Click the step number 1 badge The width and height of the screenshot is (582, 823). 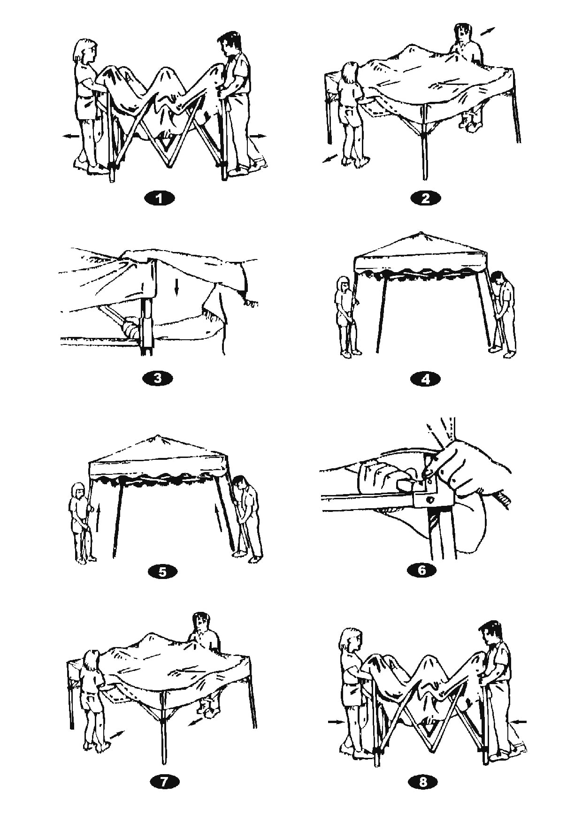160,198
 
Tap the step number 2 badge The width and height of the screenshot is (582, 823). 426,198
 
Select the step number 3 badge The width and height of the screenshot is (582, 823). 158,378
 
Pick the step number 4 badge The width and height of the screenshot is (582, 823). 426,378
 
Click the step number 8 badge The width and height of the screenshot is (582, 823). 423,782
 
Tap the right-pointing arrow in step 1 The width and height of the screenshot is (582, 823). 258,136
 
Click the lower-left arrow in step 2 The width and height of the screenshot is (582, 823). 330,159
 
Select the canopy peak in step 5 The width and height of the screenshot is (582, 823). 158,435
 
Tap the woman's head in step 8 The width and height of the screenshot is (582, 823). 352,640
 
